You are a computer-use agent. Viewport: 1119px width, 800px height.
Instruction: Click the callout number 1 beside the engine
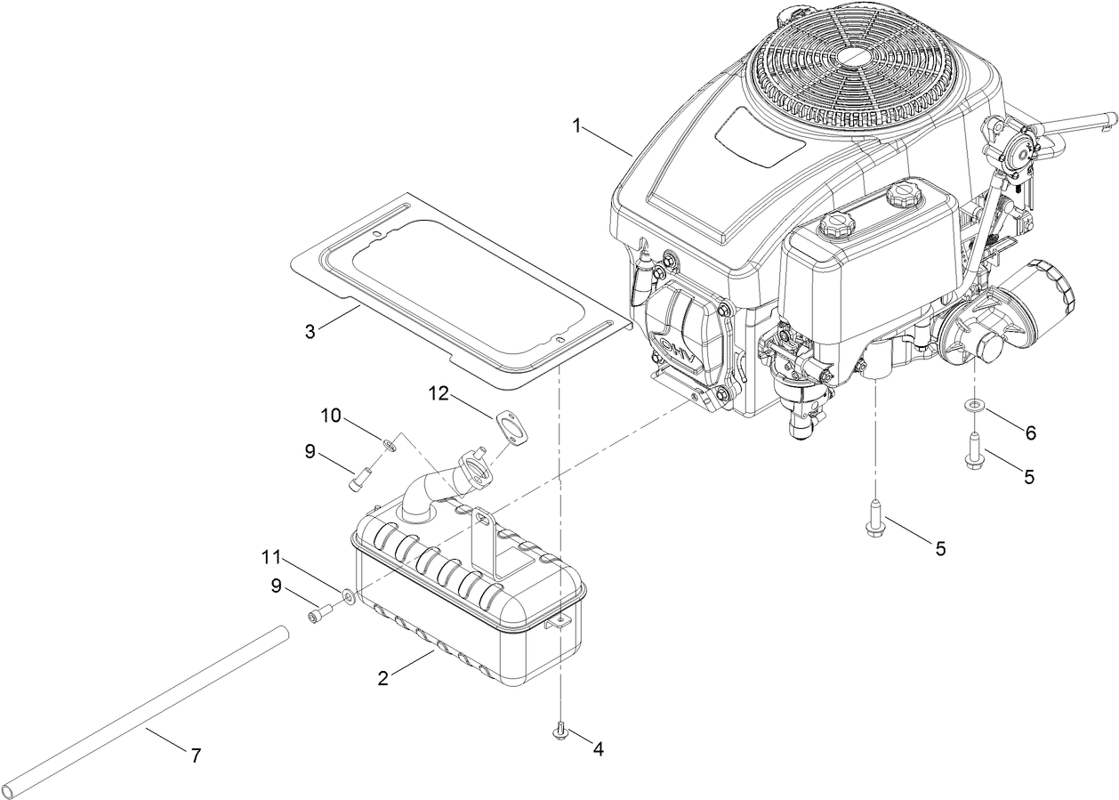pos(576,126)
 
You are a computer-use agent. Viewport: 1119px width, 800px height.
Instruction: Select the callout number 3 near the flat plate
pos(310,332)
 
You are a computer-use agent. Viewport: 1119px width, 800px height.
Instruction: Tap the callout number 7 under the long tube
pos(196,756)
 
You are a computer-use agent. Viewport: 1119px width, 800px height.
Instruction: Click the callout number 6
pos(1030,432)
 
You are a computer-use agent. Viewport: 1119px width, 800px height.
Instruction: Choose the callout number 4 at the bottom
pos(598,749)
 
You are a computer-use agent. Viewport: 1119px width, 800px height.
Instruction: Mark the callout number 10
pos(331,416)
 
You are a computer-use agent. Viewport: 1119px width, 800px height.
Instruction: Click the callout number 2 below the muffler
pos(382,678)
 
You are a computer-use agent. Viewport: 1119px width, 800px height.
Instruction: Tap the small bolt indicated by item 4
pos(561,731)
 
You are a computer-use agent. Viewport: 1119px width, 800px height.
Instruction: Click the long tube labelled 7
pos(142,712)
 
